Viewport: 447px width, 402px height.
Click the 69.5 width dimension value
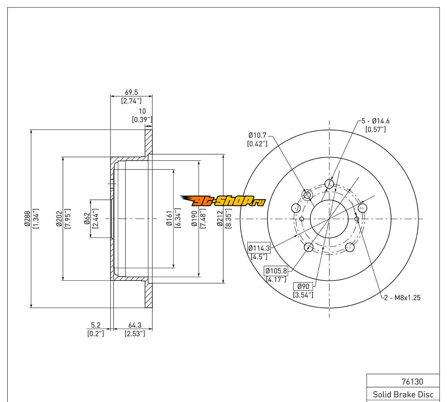click(131, 93)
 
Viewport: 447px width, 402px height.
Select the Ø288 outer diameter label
click(27, 219)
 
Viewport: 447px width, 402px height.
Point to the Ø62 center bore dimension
click(87, 219)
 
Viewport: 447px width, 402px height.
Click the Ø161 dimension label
click(170, 219)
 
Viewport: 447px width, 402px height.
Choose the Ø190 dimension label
click(195, 219)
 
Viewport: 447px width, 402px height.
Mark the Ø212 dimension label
click(220, 219)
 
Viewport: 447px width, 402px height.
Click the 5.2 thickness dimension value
click(96, 325)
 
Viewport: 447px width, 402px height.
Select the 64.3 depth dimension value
click(135, 325)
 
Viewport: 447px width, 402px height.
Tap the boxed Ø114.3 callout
click(259, 248)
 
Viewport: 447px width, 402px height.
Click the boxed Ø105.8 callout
click(276, 271)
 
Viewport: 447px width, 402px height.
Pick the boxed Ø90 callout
click(303, 286)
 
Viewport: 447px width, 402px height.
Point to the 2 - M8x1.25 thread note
click(402, 297)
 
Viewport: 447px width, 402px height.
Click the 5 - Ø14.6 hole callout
click(375, 121)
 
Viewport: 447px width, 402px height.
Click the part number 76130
click(412, 381)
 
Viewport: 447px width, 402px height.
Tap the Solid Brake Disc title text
click(403, 395)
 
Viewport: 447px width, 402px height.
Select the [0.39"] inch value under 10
click(142, 120)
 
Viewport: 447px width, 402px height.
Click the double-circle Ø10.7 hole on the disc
click(307, 195)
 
